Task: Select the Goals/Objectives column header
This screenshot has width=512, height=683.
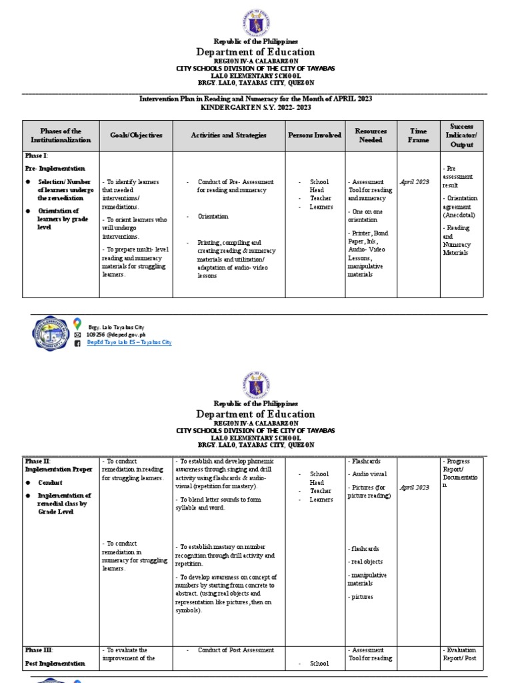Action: tap(136, 135)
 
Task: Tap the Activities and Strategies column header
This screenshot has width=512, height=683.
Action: tap(229, 135)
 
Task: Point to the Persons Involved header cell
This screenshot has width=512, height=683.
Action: tap(315, 135)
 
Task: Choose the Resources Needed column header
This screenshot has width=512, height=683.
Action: tap(371, 135)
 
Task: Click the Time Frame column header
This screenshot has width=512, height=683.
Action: tap(418, 135)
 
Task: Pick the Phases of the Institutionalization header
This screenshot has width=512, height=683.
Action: tap(61, 135)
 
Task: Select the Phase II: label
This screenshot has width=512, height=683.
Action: tap(38, 461)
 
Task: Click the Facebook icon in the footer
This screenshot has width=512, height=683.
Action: tap(77, 343)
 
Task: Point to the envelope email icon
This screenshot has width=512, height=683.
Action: tap(77, 335)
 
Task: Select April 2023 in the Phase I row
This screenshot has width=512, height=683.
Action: tap(415, 181)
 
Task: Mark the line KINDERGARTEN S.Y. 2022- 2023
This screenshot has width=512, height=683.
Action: tap(255, 107)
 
